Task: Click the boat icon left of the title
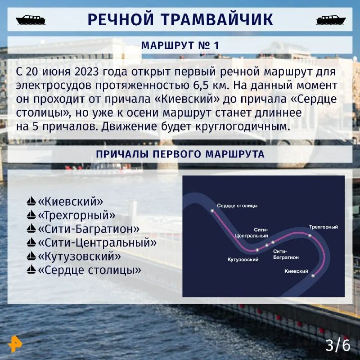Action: pyautogui.click(x=31, y=20)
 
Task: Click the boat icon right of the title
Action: pyautogui.click(x=331, y=20)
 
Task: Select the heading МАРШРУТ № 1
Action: pyautogui.click(x=180, y=45)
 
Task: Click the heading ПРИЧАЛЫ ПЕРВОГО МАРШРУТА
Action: pyautogui.click(x=180, y=154)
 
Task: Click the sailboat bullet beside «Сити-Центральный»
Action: pyautogui.click(x=31, y=243)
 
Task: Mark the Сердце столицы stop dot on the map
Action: pyautogui.click(x=212, y=210)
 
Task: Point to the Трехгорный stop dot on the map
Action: pyautogui.click(x=310, y=235)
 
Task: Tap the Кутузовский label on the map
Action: pyautogui.click(x=243, y=260)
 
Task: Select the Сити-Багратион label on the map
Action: pyautogui.click(x=286, y=254)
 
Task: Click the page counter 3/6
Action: pyautogui.click(x=337, y=345)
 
